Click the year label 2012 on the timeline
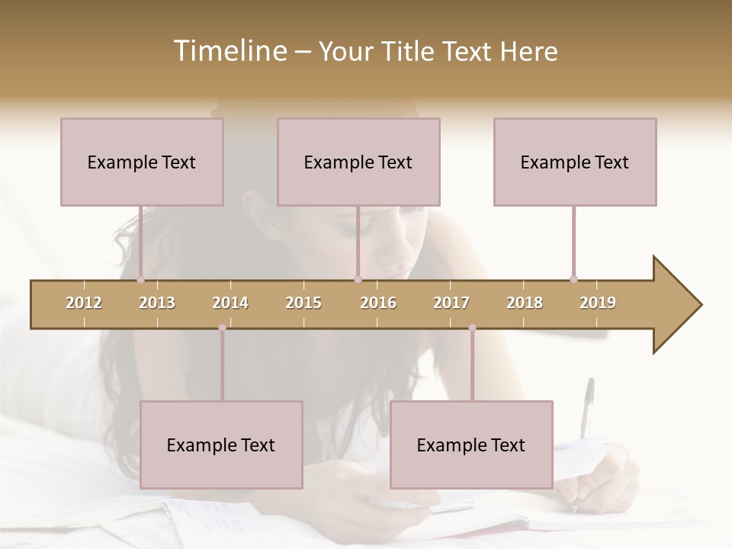coord(84,303)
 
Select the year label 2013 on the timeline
coord(157,303)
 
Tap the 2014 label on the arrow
coord(230,303)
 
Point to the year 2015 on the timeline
coord(303,303)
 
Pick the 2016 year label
coord(378,303)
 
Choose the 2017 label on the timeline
coord(451,303)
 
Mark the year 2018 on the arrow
coord(525,303)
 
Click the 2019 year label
coord(598,303)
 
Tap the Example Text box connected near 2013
coord(142,162)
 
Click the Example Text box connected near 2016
coord(358,162)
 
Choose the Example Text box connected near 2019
coord(575,162)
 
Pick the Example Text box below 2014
coord(221,445)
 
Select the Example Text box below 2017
coord(471,445)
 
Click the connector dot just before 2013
coord(140,279)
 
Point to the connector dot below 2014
coord(222,328)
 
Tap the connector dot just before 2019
coord(573,279)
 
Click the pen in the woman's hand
coord(586,412)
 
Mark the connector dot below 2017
coord(472,328)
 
